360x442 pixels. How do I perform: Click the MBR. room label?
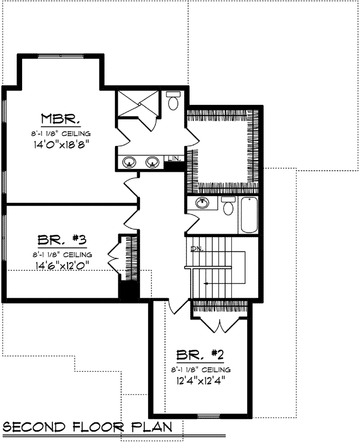click(61, 119)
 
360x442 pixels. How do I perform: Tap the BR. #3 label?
click(61, 240)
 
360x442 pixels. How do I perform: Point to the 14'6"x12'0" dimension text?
click(61, 265)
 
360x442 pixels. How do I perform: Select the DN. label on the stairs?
click(195, 249)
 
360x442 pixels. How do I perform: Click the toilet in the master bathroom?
click(173, 101)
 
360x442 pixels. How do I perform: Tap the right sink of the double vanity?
click(153, 162)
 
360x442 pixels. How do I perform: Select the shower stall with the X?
click(138, 103)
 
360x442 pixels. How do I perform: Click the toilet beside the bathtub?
click(227, 207)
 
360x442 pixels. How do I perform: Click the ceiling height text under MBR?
click(61, 133)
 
